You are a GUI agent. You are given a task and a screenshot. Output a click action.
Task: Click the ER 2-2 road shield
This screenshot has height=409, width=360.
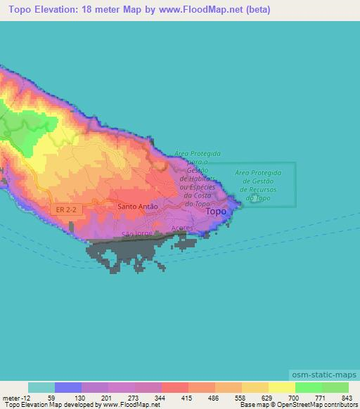pyautogui.click(x=63, y=209)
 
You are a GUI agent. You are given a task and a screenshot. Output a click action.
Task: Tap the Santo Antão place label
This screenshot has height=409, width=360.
pyautogui.click(x=138, y=207)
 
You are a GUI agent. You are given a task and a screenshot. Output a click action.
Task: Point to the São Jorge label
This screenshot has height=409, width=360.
pyautogui.click(x=137, y=232)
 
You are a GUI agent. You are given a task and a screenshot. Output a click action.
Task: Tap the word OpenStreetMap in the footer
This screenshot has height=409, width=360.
pyautogui.click(x=310, y=405)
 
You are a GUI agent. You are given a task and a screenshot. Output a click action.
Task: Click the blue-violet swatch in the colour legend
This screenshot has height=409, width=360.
pyautogui.click(x=68, y=387)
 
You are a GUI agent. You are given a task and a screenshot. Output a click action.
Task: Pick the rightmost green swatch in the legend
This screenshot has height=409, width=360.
pyautogui.click(x=335, y=387)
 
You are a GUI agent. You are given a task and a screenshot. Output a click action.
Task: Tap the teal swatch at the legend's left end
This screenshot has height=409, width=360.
pyautogui.click(x=41, y=387)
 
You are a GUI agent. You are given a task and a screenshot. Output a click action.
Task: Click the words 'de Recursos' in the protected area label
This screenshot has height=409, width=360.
pyautogui.click(x=259, y=190)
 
